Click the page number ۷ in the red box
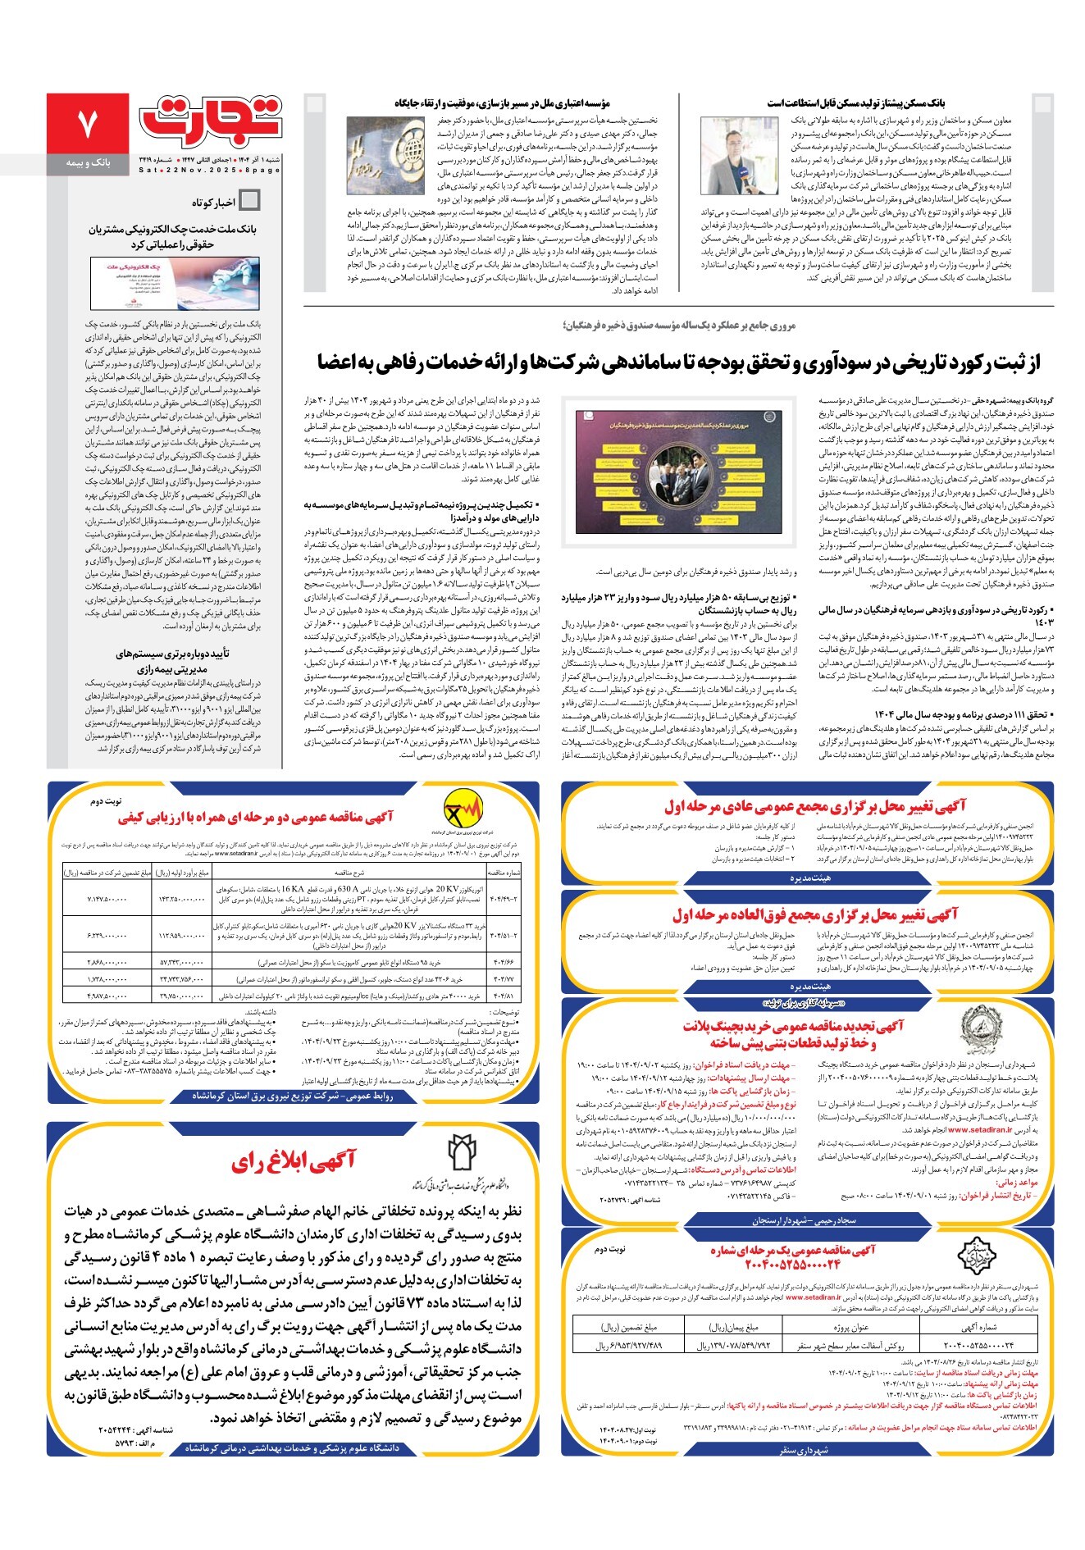coord(87,123)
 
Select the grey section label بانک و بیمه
coord(88,164)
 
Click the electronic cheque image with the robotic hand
coord(176,283)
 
